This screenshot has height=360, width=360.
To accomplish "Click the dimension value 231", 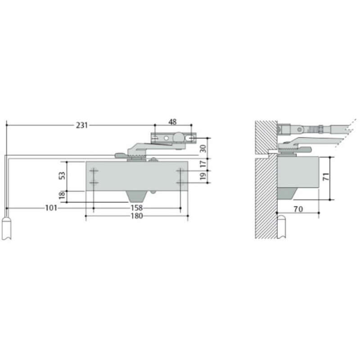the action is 82,126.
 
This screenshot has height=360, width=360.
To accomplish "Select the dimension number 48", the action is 172,122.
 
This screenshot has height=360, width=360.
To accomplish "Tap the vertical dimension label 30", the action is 203,149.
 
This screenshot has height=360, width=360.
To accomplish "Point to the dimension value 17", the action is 203,164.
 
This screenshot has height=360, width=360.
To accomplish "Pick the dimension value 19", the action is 203,176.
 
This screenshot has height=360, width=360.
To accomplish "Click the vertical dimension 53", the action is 62,175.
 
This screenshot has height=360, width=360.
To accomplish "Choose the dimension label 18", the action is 62,195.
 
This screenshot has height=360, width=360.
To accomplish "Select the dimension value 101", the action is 51,208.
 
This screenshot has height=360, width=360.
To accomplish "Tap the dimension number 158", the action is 137,208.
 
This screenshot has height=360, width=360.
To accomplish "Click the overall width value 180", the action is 137,216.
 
